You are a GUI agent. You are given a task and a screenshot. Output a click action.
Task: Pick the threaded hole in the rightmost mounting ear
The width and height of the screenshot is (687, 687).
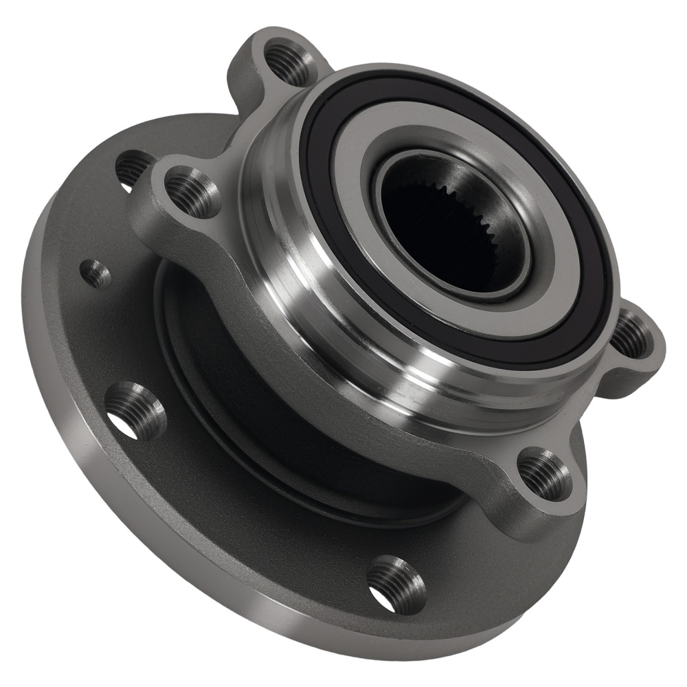pos(631,335)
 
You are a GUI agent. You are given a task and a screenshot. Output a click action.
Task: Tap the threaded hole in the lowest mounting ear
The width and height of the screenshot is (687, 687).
pos(543,474)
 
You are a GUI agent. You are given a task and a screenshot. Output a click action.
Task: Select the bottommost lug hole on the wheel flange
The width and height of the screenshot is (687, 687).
pos(396,584)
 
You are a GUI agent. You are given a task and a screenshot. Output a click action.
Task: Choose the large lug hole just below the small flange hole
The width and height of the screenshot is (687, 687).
pos(135,410)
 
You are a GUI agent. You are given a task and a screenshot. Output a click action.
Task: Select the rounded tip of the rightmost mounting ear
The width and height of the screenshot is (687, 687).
pos(656,343)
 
